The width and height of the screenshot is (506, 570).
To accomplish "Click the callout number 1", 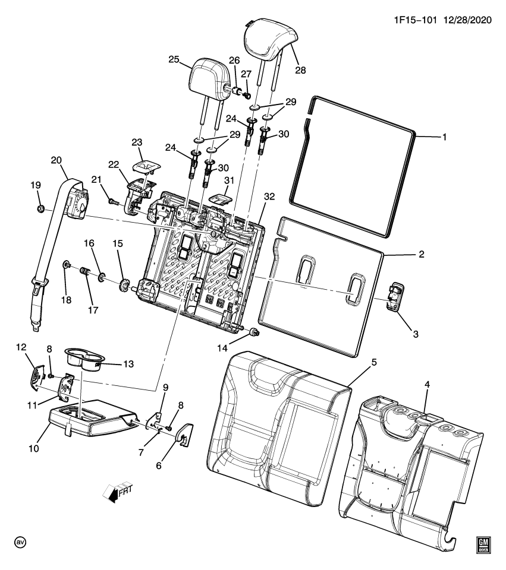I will (444, 137).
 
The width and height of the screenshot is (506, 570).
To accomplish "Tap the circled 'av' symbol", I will (20, 543).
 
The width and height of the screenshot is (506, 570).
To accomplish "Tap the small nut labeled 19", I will (40, 208).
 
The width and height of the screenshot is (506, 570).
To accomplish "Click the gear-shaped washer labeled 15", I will (125, 285).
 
